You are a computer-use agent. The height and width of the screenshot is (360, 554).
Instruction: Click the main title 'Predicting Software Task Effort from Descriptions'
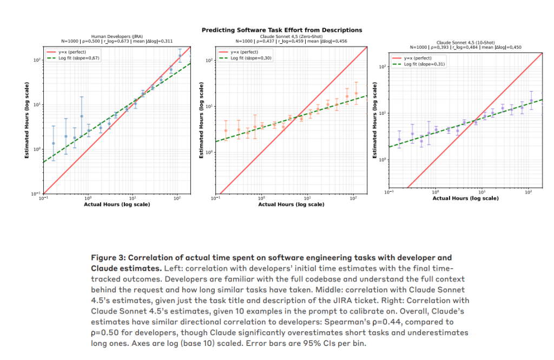[x=282, y=30]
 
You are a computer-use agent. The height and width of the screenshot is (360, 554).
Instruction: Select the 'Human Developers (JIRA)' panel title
[x=117, y=36]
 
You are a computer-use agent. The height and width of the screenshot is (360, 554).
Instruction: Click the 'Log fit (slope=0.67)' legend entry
[x=79, y=58]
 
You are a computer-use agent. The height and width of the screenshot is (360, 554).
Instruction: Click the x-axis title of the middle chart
[x=291, y=205]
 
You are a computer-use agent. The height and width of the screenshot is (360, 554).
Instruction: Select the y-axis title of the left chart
[x=27, y=121]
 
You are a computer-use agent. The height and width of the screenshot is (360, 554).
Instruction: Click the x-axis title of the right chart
[x=465, y=199]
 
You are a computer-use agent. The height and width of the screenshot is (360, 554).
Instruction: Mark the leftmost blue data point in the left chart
[x=53, y=143]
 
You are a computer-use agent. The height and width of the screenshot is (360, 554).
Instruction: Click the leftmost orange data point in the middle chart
[x=226, y=130]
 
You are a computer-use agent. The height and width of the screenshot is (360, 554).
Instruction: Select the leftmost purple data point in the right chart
[x=399, y=140]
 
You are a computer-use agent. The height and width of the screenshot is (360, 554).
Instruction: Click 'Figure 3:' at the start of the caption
[x=109, y=258]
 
